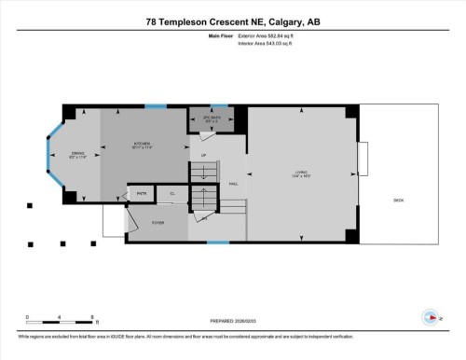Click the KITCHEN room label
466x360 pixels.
point(141,143)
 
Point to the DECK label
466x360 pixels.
point(398,201)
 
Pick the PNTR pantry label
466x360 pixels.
point(142,193)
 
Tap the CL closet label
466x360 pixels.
point(171,193)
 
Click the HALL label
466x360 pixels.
point(234,184)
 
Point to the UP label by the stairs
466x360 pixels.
point(203,155)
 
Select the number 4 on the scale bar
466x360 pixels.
point(60,317)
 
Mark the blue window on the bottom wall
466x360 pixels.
point(217,242)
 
